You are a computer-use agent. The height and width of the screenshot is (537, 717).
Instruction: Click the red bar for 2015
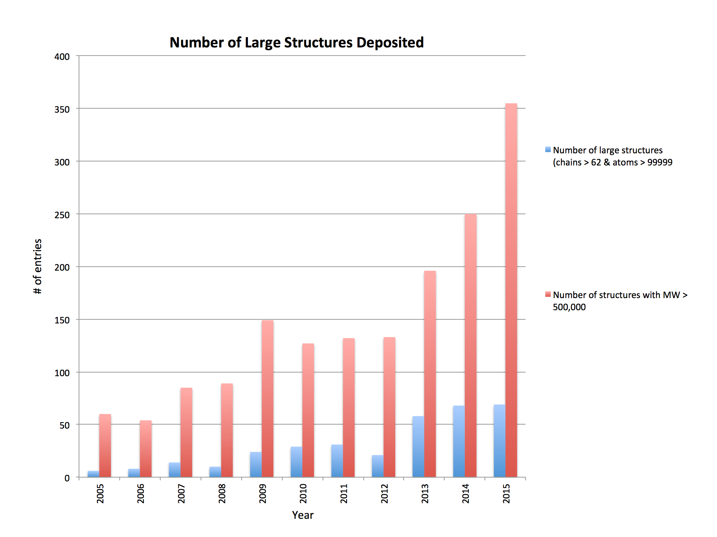point(511,290)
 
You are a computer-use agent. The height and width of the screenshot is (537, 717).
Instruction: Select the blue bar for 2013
point(418,446)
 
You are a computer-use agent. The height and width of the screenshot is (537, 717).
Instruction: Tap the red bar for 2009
point(267,399)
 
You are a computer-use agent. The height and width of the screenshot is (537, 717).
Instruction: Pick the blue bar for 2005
point(93,474)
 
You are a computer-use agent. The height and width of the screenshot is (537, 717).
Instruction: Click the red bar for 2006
point(146,449)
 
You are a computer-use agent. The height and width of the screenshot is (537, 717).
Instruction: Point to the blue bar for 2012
point(377,466)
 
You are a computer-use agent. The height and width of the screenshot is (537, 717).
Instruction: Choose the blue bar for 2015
point(499,441)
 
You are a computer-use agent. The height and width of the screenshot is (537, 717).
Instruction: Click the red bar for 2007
point(186,432)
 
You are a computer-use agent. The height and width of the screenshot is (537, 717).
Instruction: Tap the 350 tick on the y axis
point(62,109)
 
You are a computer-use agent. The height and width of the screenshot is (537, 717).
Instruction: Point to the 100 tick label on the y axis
point(62,373)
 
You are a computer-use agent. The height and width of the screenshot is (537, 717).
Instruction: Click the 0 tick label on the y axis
point(67,478)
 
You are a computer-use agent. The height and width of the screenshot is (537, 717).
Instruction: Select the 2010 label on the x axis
point(303,493)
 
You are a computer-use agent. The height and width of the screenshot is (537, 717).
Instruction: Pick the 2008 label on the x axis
point(222,493)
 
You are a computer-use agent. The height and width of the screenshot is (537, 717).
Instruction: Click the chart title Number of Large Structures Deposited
point(296,42)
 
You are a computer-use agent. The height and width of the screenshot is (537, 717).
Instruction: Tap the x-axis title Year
point(302,515)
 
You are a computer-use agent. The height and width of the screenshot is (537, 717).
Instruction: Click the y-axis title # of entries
point(37,266)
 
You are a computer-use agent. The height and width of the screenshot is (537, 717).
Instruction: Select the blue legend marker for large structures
point(548,149)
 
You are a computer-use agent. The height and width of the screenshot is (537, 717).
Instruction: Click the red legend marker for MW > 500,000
point(548,294)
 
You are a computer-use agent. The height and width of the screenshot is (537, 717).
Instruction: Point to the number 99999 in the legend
point(660,163)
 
